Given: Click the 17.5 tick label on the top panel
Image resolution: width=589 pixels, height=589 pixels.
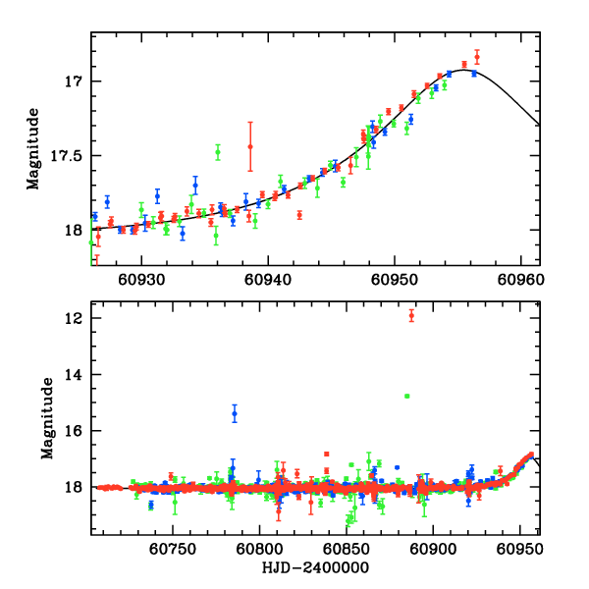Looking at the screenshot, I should point(70,155).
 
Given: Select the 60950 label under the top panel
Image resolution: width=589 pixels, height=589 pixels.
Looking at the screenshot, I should point(395,280).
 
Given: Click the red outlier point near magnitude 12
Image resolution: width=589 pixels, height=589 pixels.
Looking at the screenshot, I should point(411,315).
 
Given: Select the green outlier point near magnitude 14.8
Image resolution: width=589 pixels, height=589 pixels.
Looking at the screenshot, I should point(406,396).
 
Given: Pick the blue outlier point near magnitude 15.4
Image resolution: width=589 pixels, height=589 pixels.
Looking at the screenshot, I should point(235,413).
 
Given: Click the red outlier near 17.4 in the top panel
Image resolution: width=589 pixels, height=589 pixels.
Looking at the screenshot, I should point(250,146).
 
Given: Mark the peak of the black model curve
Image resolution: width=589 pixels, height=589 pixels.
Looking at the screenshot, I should point(462,70).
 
